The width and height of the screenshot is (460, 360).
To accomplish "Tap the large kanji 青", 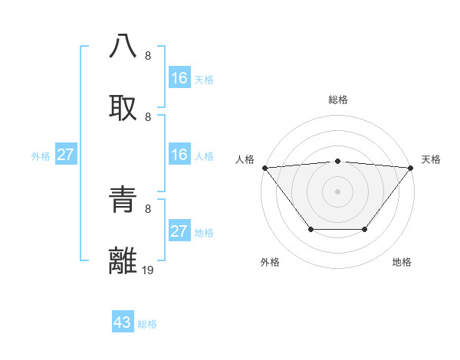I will (x=123, y=199).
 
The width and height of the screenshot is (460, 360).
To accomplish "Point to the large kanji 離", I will (x=123, y=260).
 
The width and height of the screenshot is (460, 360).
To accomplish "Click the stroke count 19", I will (x=148, y=270).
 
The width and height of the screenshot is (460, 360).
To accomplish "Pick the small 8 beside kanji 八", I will (x=148, y=55).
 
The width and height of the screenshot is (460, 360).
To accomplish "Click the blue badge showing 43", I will (x=123, y=322).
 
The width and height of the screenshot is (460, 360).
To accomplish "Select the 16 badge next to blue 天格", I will (x=179, y=78).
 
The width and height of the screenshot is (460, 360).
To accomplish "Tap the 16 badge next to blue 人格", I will (x=179, y=155).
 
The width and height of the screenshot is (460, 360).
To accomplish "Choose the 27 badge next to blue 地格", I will (x=179, y=231).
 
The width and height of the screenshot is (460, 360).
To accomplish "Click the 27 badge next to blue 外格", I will (x=66, y=155).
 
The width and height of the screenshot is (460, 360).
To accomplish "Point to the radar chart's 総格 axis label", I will (x=338, y=100).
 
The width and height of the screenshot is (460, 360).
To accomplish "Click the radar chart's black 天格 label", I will (x=431, y=159).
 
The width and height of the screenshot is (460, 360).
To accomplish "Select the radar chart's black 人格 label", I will (x=245, y=159).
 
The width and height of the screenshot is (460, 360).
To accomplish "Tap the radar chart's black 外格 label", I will (x=270, y=262).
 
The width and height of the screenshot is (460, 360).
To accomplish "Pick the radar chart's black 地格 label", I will (x=402, y=262).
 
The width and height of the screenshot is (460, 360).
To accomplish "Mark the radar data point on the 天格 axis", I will (x=411, y=167).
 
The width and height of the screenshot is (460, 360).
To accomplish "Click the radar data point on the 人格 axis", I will (x=264, y=167).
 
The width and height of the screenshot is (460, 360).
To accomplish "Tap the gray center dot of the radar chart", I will (x=338, y=191).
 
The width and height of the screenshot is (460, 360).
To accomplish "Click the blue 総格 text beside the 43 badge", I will (x=147, y=324).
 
